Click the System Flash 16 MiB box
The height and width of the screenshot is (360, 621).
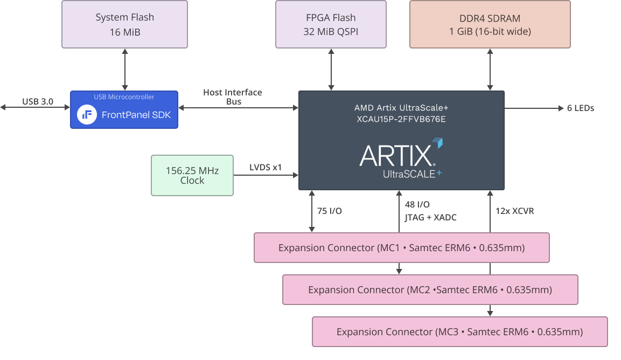[x=124, y=24]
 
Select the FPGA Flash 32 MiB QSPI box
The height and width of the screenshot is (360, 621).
[x=331, y=24]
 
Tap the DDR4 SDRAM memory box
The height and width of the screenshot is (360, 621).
[x=490, y=24]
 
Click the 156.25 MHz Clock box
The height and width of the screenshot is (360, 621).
[x=192, y=175]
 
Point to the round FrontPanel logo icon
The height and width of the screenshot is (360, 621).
[x=87, y=114]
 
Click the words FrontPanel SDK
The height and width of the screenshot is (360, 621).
[x=136, y=114]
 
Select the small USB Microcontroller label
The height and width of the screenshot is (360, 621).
[x=124, y=97]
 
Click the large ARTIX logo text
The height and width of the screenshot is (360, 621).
[x=397, y=156]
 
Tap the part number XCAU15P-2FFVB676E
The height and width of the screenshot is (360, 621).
[x=401, y=119]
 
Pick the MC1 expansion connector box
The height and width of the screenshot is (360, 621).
[x=401, y=248]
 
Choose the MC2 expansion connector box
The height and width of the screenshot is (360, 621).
[x=430, y=290]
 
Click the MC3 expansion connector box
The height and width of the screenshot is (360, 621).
[x=459, y=332]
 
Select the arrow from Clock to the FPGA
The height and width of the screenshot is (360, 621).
[x=266, y=175]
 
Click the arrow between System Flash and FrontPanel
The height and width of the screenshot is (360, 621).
[x=124, y=69]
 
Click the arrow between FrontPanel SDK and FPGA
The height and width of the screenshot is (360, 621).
[x=238, y=108]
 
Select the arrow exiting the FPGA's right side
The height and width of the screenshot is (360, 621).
[x=534, y=108]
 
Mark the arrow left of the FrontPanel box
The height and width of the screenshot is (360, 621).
[x=35, y=108]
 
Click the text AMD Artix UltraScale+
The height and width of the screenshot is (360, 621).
[x=401, y=108]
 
